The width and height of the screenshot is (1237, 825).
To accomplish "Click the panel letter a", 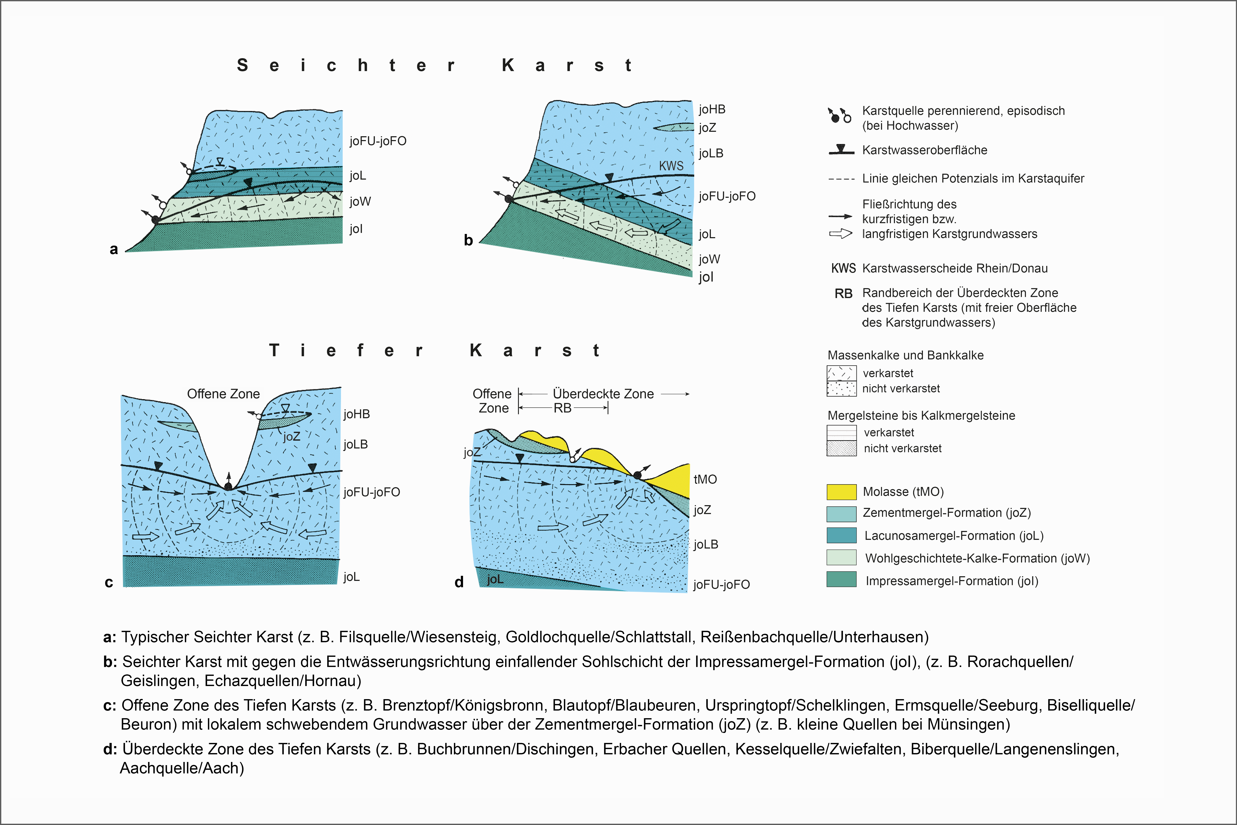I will (114, 249).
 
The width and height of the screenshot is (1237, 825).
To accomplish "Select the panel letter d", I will (459, 582).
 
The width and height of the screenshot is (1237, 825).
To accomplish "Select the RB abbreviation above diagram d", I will (562, 408).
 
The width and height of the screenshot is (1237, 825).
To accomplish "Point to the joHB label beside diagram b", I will (712, 109).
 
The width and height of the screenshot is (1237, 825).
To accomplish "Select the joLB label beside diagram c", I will (356, 445).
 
